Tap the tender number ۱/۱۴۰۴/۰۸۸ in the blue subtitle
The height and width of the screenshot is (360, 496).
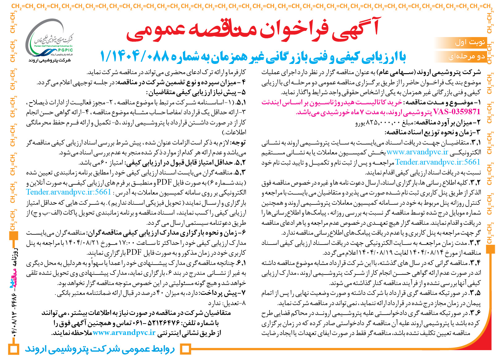pos(135,57)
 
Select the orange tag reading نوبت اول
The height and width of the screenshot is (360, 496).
pos(470,42)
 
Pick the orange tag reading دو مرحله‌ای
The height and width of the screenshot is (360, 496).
pos(467,57)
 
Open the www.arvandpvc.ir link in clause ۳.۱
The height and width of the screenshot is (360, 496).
pos(417,152)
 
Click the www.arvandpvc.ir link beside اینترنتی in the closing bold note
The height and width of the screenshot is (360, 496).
pos(124,333)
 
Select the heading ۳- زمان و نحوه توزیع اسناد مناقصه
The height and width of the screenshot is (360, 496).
pos(433,132)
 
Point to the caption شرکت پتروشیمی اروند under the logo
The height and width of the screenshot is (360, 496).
pos(50,60)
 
